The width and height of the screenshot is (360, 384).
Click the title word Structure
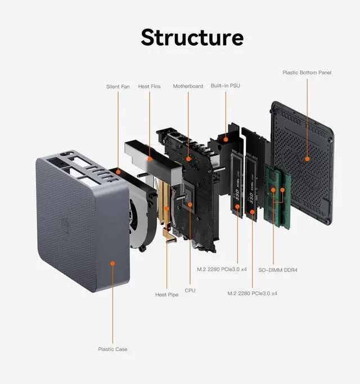pos(192,37)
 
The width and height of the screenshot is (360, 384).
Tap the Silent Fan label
pos(118,87)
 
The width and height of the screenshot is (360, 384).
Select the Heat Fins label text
pos(149,87)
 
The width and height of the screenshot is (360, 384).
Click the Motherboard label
pos(188,86)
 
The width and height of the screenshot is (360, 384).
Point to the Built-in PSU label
pos(226,86)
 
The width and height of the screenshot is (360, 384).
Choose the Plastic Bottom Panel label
pos(307,73)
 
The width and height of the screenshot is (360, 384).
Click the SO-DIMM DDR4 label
pos(278,270)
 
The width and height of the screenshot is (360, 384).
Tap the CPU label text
pos(190,291)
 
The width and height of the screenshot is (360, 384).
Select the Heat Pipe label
pos(166,295)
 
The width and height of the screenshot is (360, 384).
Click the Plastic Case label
pos(112,349)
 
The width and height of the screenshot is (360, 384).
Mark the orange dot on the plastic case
pos(112,262)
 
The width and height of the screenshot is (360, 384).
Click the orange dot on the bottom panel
pos(307,159)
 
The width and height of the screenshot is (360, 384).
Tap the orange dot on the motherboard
pos(188,159)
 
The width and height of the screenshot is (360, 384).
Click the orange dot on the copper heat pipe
pos(167,209)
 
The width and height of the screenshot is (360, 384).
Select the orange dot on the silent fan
pos(118,169)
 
